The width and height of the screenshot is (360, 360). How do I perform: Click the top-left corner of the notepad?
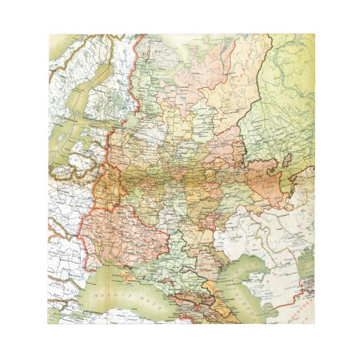[49, 35]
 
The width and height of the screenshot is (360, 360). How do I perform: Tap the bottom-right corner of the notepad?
[312, 324]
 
